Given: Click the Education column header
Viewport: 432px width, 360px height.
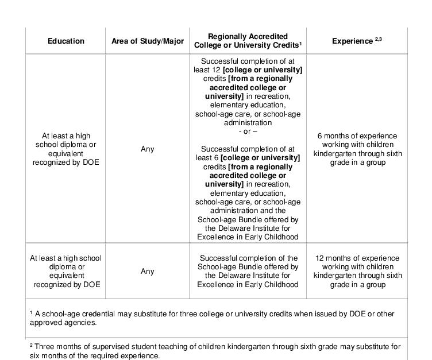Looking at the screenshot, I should tap(66, 41).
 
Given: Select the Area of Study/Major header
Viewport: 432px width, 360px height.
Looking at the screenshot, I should tap(148, 41).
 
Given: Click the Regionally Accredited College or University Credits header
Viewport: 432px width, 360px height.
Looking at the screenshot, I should tap(248, 40).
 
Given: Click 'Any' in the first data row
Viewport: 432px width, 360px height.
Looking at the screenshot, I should tap(148, 149).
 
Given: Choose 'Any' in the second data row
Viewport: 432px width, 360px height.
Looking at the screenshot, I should tap(148, 271).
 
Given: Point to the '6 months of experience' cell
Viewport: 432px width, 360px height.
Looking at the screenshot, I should tap(357, 149).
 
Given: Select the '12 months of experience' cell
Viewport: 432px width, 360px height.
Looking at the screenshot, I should tap(357, 271).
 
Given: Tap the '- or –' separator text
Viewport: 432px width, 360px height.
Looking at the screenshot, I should tap(248, 131).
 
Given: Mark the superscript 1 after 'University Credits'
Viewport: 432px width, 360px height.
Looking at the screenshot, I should tap(301, 42).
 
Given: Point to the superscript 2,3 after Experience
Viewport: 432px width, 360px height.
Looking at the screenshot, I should tap(379, 38).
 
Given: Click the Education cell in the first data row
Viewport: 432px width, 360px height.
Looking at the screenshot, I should tap(66, 149).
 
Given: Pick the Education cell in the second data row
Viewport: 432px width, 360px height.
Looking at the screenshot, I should tap(66, 271).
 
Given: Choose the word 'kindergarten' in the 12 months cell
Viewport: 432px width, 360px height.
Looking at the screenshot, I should tap(335, 276).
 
